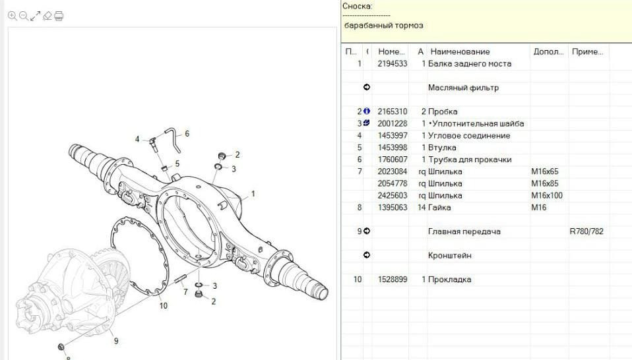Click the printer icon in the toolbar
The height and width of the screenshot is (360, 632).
point(59,16)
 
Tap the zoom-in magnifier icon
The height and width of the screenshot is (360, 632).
point(12,16)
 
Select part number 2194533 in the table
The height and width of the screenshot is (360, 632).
point(392,63)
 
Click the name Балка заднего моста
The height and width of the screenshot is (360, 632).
point(470,63)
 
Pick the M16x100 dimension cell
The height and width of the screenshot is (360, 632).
point(546,196)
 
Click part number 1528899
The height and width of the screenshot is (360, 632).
point(392,280)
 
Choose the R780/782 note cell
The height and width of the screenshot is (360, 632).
point(586,231)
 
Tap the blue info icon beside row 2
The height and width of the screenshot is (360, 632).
point(366,111)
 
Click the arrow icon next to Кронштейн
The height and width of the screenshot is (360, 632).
point(366,255)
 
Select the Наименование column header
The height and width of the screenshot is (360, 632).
point(460,51)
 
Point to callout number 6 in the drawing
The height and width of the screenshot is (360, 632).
point(187,134)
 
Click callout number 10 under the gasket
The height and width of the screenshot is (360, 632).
point(163,306)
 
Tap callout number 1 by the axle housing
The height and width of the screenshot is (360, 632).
point(253,194)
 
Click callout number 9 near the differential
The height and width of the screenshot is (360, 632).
point(116,341)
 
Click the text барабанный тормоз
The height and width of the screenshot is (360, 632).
point(384,25)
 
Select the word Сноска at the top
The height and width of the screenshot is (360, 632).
point(356,6)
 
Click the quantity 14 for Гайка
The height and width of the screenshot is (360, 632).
point(422,208)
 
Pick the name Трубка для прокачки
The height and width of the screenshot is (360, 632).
point(470,160)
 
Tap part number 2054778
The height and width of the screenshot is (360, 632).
point(392,183)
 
